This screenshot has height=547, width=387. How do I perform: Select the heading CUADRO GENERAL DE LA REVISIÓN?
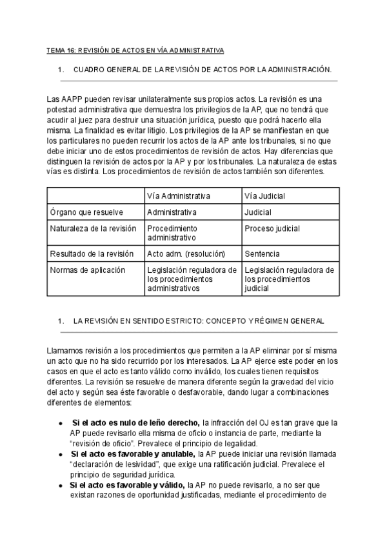pyautogui.click(x=203, y=68)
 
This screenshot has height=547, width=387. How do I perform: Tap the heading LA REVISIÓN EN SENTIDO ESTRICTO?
pyautogui.click(x=199, y=320)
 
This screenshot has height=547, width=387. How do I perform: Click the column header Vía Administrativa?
pyautogui.click(x=179, y=195)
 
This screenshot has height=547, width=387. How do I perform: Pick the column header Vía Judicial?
pyautogui.click(x=265, y=195)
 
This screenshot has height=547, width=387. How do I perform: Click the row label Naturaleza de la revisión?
pyautogui.click(x=92, y=228)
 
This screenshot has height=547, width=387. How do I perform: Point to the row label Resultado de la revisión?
pyautogui.click(x=91, y=254)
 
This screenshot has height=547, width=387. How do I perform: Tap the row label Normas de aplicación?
pyautogui.click(x=87, y=270)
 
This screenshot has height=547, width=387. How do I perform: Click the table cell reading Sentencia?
pyautogui.click(x=263, y=254)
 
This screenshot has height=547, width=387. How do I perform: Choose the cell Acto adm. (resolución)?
pyautogui.click(x=186, y=254)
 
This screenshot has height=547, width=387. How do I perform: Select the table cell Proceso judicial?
pyautogui.click(x=272, y=228)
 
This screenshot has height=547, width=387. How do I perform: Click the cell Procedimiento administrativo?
pyautogui.click(x=172, y=233)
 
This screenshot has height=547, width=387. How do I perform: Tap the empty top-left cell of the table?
pyautogui.click(x=95, y=195)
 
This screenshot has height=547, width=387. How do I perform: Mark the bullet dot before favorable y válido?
pyautogui.click(x=60, y=484)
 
